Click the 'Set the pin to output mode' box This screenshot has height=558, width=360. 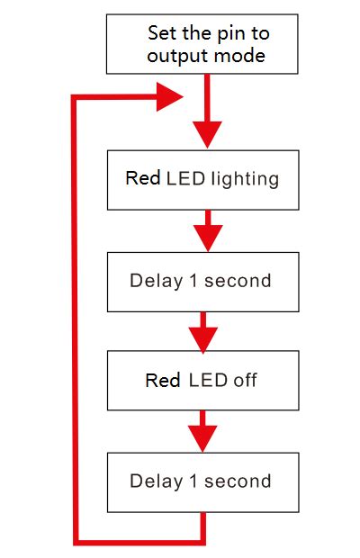click(202, 44)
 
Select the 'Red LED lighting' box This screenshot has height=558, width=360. click(202, 178)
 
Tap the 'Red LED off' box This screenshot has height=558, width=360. click(202, 381)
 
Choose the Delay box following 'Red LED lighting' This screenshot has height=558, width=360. click(202, 281)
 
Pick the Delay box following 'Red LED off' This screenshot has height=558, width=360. click(202, 481)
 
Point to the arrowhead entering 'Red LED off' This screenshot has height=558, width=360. click(203, 339)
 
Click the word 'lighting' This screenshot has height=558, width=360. click(244, 179)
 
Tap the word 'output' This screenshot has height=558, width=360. click(176, 56)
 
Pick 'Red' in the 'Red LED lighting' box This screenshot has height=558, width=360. click(143, 178)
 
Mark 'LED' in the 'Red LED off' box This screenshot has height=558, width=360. click(208, 381)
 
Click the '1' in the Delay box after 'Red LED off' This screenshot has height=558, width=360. click(193, 481)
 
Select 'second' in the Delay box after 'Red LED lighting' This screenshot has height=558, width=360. click(238, 281)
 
